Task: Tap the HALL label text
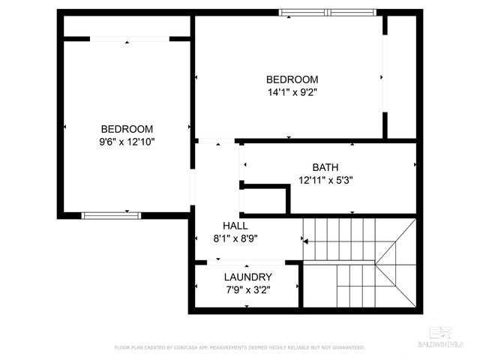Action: [x=235, y=226]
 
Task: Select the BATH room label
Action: [x=325, y=167]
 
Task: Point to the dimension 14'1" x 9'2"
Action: [x=292, y=93]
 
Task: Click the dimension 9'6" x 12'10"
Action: [x=127, y=141]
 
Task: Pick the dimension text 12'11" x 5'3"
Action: [x=325, y=180]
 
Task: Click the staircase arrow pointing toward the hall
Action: [x=306, y=240]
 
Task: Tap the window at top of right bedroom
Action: [x=327, y=12]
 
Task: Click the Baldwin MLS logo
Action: [x=446, y=337]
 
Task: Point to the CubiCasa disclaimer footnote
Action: [x=240, y=348]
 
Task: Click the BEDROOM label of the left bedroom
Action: [x=127, y=128]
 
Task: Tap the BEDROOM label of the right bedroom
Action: [x=292, y=79]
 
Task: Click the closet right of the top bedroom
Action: [x=401, y=75]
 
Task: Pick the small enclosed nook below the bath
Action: [x=264, y=199]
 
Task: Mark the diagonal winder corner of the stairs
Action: [x=394, y=262]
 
